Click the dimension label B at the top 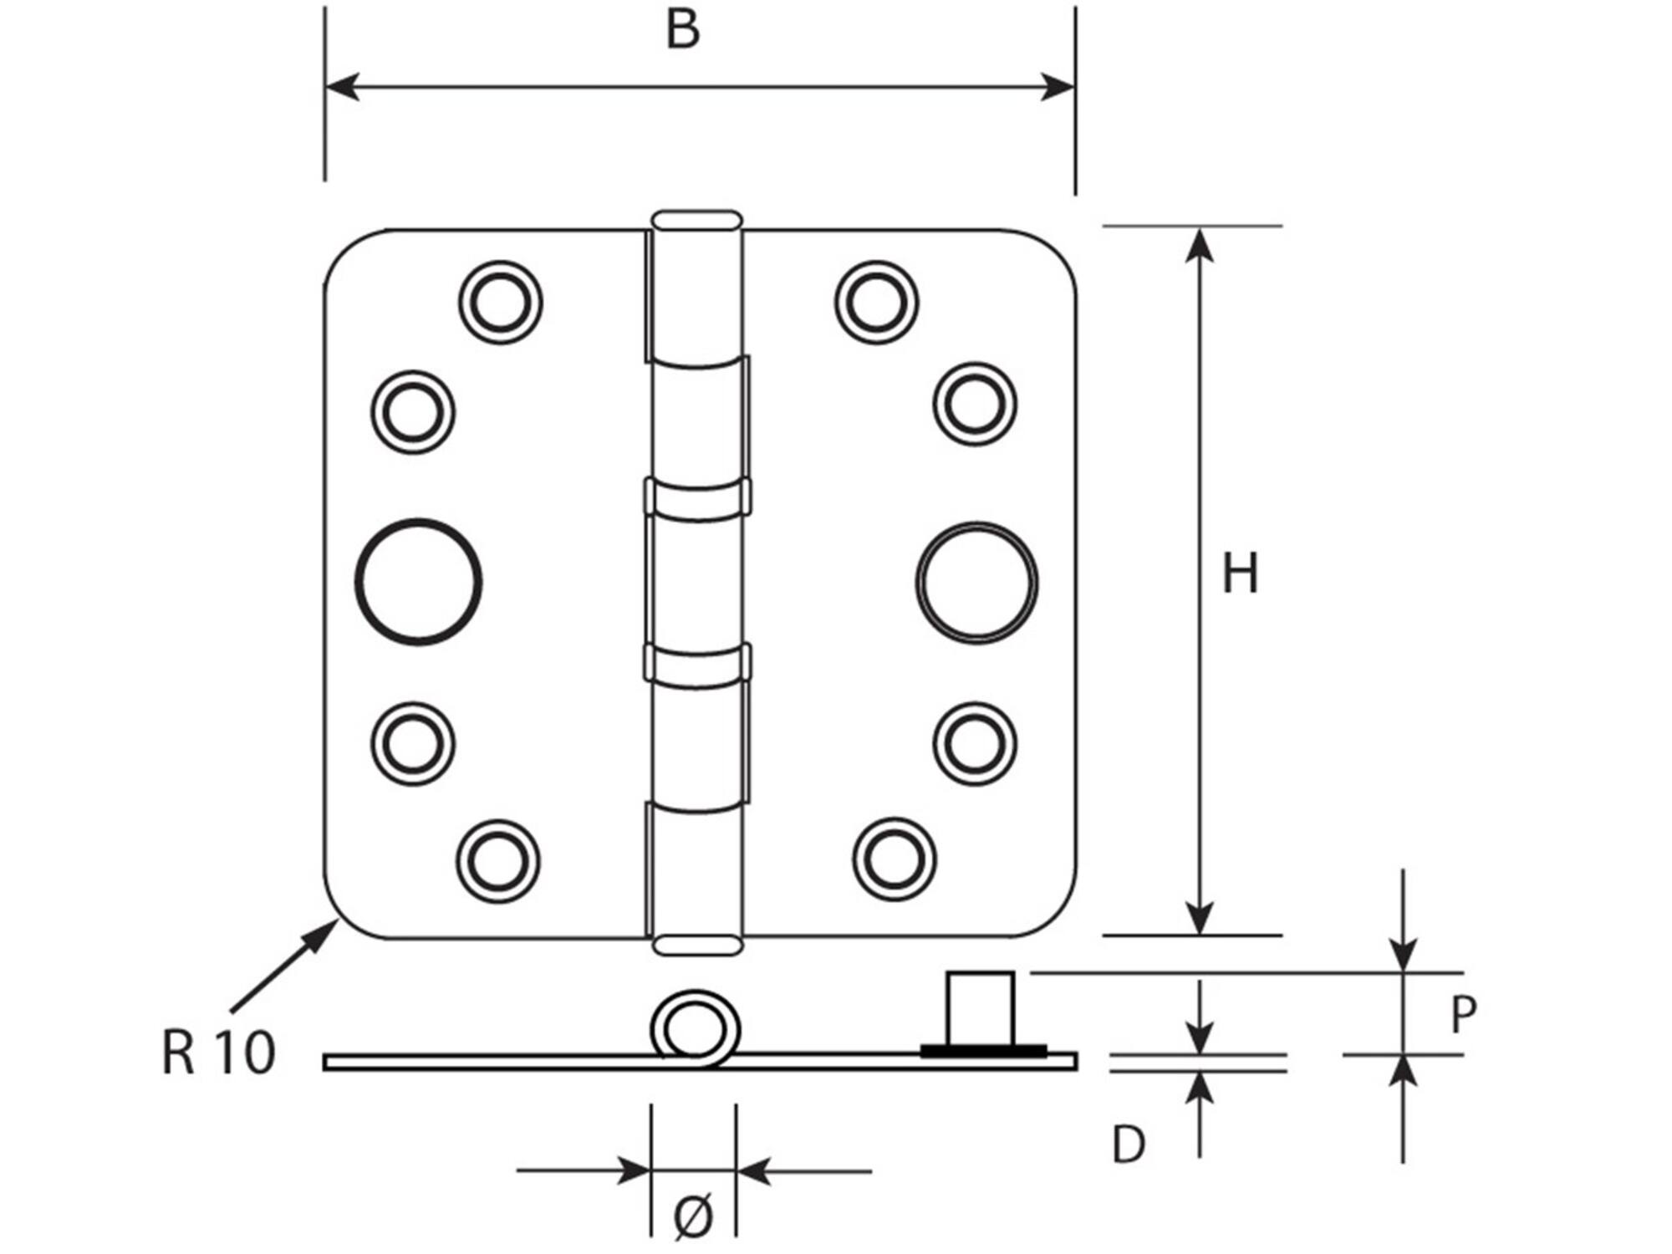(682, 30)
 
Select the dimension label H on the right (1240, 573)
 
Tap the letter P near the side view (1463, 1015)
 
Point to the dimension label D (1129, 1144)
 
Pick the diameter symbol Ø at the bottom (693, 1216)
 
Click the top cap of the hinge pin (696, 220)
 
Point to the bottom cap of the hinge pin (696, 946)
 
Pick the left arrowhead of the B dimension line (342, 86)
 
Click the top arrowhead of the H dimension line (1200, 244)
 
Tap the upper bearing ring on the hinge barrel (697, 497)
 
